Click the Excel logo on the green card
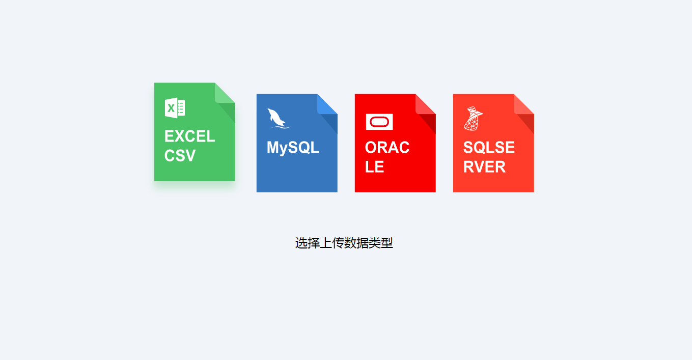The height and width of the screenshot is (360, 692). [x=175, y=108]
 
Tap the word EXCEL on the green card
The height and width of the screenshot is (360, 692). [x=190, y=136]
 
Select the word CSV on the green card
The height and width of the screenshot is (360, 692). [x=180, y=155]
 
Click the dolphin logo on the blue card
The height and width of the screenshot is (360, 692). [x=279, y=118]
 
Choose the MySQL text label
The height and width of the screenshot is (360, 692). [x=293, y=148]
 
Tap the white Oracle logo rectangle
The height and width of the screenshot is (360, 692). [x=379, y=122]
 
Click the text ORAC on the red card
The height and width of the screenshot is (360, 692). [x=387, y=147]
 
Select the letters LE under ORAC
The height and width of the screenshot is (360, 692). [x=374, y=167]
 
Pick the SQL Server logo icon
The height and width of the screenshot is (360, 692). [x=473, y=118]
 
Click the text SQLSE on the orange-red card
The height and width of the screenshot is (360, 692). [x=489, y=147]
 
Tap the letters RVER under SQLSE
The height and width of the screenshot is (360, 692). [x=484, y=167]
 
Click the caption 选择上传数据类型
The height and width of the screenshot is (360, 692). [x=344, y=243]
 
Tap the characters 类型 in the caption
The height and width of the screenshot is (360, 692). [x=380, y=243]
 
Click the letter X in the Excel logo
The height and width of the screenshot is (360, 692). [x=171, y=108]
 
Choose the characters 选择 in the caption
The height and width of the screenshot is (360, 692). [x=308, y=243]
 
